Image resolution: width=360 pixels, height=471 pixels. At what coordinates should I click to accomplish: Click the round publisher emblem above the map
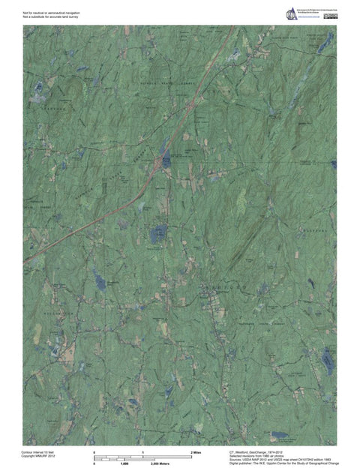[290, 13]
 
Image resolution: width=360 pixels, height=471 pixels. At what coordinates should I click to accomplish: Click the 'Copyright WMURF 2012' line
[38, 457]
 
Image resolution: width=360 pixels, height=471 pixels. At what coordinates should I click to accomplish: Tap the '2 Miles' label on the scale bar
[196, 453]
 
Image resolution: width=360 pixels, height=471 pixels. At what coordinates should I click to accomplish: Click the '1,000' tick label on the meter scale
[125, 464]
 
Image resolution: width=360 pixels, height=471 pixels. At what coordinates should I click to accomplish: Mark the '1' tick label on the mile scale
[142, 453]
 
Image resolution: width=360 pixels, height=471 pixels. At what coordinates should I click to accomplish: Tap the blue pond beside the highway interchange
[165, 160]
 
